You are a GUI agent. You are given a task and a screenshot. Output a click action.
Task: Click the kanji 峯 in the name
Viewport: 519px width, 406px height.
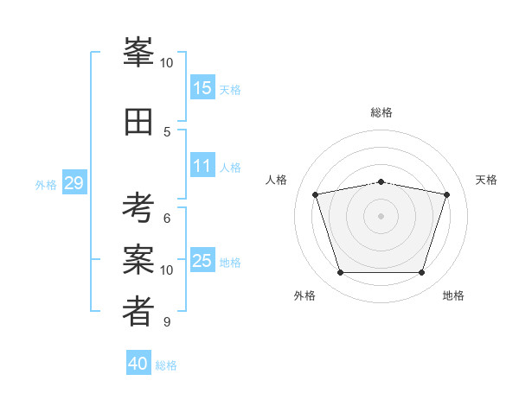(x=138, y=52)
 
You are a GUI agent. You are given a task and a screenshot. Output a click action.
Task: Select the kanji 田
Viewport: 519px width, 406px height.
(x=138, y=122)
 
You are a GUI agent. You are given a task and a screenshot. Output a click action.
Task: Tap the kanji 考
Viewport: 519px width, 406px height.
(x=138, y=207)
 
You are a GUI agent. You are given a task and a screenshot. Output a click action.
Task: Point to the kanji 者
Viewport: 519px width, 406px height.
(x=138, y=311)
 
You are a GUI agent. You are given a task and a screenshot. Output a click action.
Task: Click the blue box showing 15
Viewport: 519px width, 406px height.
(x=202, y=87)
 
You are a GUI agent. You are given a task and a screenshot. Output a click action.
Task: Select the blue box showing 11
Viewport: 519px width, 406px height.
(x=202, y=165)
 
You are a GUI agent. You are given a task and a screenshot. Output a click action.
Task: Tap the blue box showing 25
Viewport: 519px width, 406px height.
(x=202, y=259)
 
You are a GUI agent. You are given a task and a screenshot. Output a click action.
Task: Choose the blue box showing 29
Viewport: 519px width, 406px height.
(x=74, y=182)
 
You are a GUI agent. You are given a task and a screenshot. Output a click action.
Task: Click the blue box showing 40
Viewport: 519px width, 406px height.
(x=138, y=362)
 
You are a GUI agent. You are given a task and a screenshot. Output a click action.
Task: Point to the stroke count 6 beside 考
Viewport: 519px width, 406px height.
(x=167, y=219)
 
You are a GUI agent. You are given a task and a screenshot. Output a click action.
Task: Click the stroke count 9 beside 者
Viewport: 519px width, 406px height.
(x=167, y=321)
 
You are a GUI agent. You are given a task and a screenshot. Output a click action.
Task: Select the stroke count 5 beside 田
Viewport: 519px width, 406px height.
(x=167, y=132)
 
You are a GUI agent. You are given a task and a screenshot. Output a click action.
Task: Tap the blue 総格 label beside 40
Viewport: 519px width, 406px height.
(x=166, y=365)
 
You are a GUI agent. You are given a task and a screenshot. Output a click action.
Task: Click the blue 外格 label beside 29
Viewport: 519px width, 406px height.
(x=46, y=185)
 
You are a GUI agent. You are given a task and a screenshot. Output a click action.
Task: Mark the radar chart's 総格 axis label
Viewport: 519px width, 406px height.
(x=381, y=112)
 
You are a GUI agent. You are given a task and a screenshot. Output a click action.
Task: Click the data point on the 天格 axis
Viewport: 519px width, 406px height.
(x=447, y=194)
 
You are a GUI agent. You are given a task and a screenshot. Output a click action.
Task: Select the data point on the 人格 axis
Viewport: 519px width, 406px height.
(x=316, y=194)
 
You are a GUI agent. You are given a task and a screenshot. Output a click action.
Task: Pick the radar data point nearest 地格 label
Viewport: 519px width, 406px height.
(x=422, y=272)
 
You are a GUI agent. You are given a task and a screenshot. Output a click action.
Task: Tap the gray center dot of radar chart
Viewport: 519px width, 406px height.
(x=381, y=216)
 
